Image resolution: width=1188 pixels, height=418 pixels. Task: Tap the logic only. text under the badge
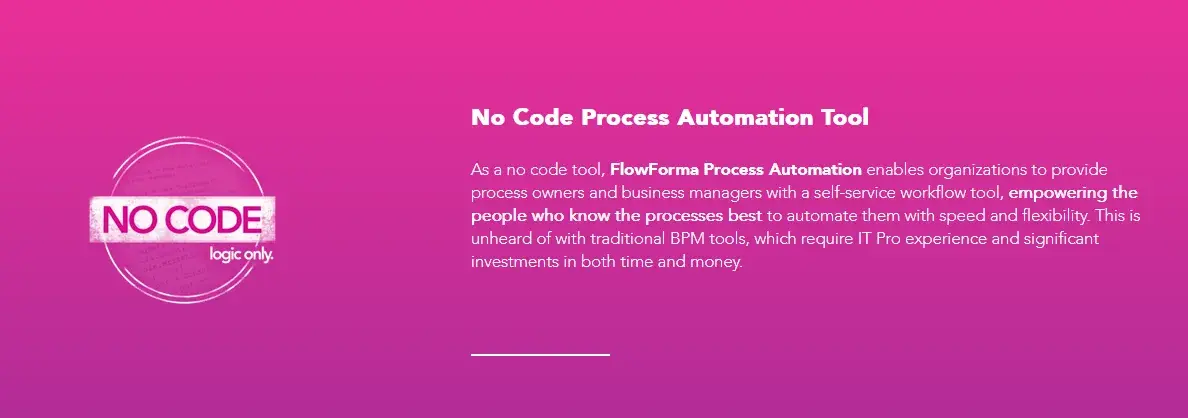pos(240,254)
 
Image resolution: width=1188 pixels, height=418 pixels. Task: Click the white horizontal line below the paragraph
pos(540,354)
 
